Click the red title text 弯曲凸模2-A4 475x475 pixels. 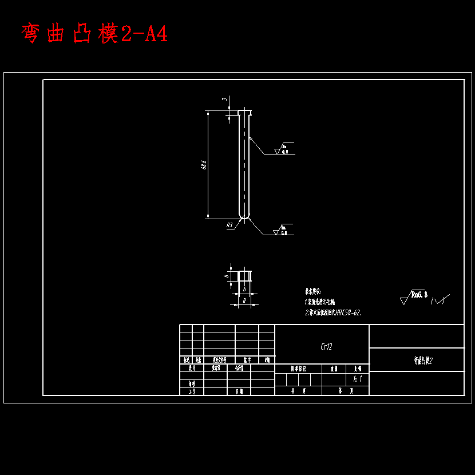[94, 34]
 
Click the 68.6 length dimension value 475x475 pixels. [204, 165]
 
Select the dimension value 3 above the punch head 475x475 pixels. [224, 100]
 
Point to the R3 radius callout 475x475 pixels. [229, 225]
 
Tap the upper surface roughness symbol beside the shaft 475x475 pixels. [283, 149]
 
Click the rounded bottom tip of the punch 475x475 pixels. [244, 216]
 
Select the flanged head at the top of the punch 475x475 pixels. [244, 111]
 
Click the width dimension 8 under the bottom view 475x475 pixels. [244, 300]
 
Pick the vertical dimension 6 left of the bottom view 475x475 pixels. [227, 276]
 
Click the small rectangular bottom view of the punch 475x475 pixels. [244, 276]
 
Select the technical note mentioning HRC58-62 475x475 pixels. [333, 313]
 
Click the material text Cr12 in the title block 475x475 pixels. [326, 346]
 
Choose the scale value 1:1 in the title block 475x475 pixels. [358, 379]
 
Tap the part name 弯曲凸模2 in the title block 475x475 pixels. [423, 361]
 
